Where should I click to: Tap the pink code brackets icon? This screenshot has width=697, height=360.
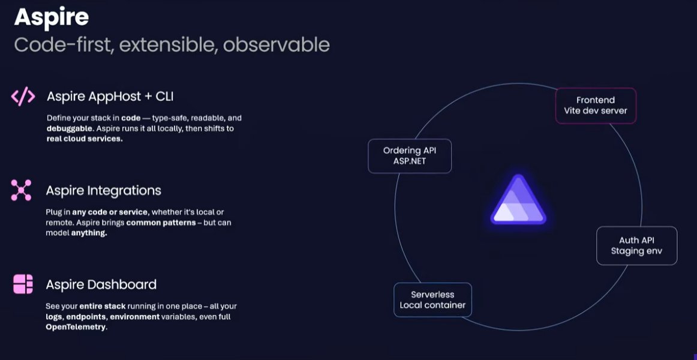pos(23,96)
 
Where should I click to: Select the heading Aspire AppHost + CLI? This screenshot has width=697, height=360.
pos(110,96)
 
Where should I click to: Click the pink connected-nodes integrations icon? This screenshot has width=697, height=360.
pos(21,190)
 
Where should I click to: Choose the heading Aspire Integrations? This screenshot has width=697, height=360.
pos(103,191)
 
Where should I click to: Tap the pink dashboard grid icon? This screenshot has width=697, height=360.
pos(23,284)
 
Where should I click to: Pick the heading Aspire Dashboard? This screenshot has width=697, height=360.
pos(101,284)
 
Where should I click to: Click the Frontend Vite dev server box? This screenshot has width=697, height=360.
pos(595,106)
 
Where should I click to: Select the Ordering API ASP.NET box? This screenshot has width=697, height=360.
pos(409,156)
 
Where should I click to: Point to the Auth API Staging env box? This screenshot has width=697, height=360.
pos(636,245)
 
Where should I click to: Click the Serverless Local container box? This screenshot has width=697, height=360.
pos(432,300)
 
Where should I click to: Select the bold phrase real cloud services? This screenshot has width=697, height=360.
pos(85,139)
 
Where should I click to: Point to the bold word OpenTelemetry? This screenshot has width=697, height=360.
pos(76,327)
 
